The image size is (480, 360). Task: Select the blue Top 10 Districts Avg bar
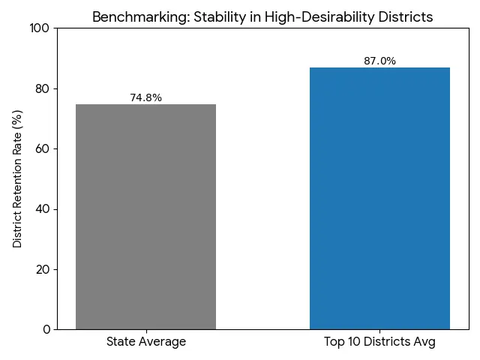379,198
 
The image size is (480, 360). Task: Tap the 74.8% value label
145,97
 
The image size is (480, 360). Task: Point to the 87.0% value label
379,61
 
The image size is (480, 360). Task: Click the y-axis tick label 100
39,28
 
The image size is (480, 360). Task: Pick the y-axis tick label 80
43,88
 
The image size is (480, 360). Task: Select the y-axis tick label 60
43,148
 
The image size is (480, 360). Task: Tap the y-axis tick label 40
43,209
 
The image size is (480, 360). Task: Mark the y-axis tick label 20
43,269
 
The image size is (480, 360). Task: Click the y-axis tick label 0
46,329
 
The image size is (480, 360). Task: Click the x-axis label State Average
145,342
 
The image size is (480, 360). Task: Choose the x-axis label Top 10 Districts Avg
379,342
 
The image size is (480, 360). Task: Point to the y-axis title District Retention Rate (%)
18,178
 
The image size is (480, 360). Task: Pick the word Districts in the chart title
406,17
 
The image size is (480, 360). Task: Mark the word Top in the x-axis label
334,342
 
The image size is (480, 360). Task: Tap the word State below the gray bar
121,342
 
